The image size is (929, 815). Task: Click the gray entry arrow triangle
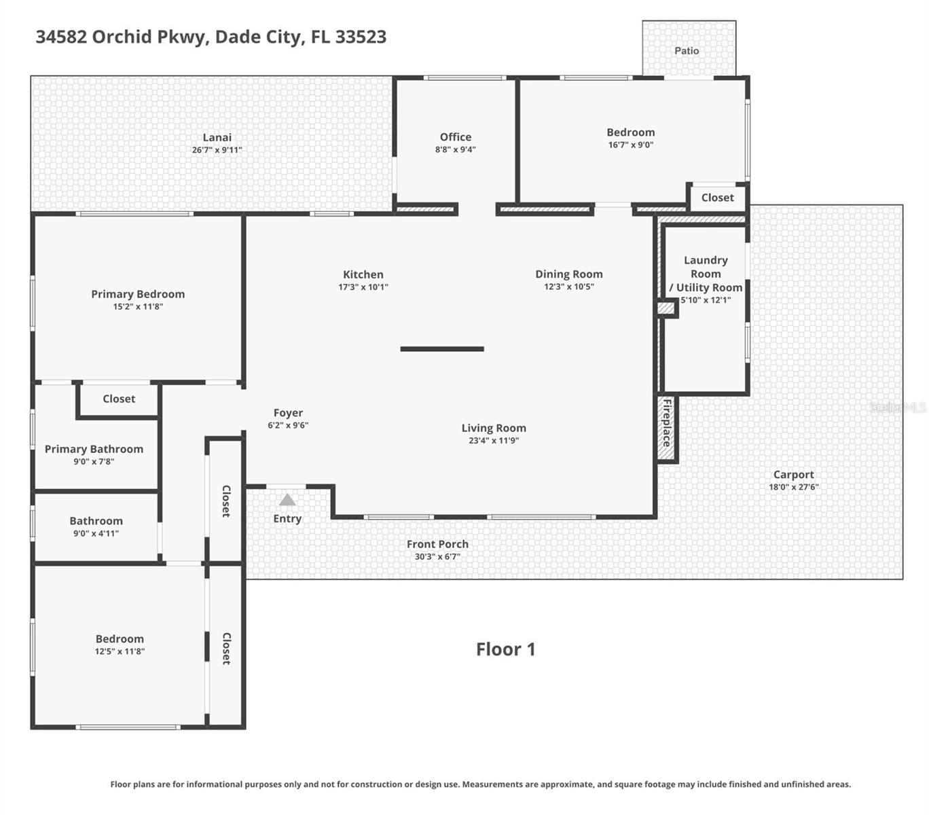pos(287,500)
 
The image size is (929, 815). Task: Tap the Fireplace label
pos(667,422)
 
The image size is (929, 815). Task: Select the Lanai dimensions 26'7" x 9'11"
pos(217,150)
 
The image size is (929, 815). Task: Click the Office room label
pos(455,137)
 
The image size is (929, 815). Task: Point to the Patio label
pos(687,51)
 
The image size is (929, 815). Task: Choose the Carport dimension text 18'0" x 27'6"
pos(793,487)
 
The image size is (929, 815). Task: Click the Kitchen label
pos(363,274)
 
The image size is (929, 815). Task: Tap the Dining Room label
pos(568,274)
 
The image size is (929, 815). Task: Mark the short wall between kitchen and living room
pos(442,349)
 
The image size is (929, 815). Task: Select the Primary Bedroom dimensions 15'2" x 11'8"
pos(138,306)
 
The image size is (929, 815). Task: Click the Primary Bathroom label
pos(94,449)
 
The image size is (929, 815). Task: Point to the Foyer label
pos(288,413)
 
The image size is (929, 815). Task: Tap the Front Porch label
pos(437,544)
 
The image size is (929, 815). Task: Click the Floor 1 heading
pos(505,649)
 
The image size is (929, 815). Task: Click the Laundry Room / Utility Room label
pos(706,274)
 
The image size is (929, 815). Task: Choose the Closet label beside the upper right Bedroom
pos(717,198)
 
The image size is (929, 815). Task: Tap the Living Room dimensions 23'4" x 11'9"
pos(494,440)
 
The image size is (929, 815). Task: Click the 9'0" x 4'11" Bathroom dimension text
pos(96,533)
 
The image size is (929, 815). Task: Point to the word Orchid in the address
pos(122,37)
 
